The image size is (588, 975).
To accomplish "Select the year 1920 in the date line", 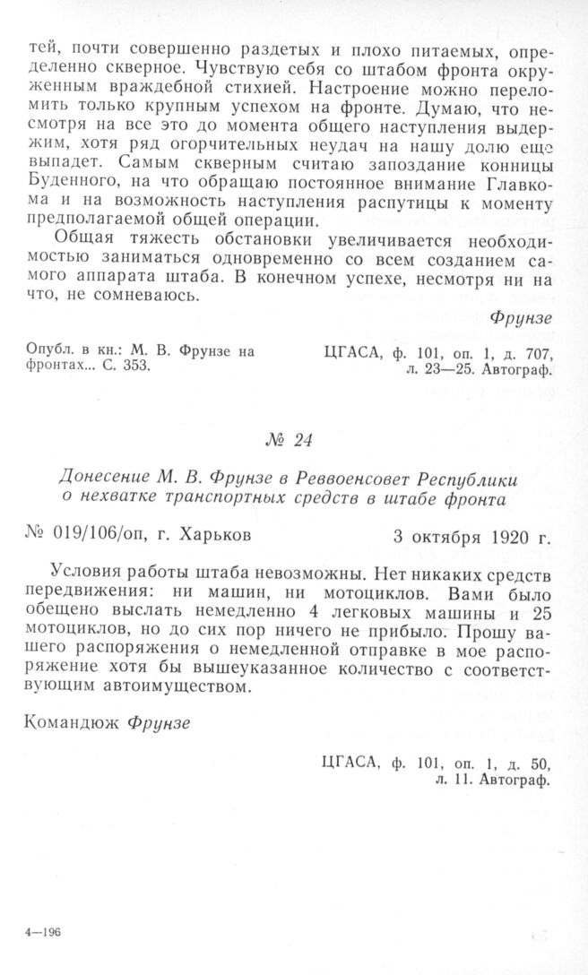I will (x=508, y=537).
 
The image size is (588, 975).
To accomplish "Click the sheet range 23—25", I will (x=438, y=367).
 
